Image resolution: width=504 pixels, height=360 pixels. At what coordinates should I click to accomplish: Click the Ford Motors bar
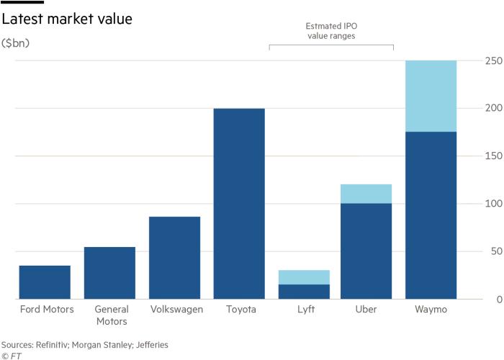coord(45,282)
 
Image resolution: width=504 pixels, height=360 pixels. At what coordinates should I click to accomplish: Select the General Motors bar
coord(109,273)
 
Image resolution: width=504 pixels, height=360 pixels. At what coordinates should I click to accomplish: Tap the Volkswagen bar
coord(175,258)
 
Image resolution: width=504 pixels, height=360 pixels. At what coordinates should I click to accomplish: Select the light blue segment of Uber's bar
coord(366,194)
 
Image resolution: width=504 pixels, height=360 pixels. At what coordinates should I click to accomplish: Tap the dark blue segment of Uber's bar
coord(366,251)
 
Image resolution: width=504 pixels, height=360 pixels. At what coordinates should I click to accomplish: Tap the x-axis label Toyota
coord(240,310)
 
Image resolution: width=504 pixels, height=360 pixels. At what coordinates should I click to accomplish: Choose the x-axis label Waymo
coord(431,310)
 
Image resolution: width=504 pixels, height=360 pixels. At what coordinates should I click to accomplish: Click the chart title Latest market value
coord(66,19)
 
